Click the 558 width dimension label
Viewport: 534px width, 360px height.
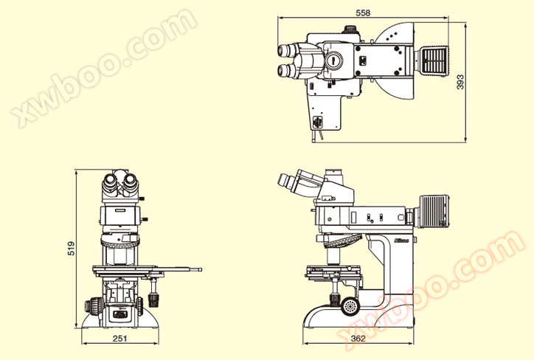(363, 13)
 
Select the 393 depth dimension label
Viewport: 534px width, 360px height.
(460, 82)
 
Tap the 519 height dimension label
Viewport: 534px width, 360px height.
(71, 249)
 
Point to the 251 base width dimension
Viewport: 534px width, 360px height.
(120, 338)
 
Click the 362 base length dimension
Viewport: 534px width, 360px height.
(358, 338)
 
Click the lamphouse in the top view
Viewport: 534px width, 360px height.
(431, 60)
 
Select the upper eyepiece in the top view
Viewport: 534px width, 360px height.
(286, 50)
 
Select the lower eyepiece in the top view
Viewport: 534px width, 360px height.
(286, 71)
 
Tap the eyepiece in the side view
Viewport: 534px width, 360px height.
(285, 181)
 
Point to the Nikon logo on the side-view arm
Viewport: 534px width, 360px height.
(401, 240)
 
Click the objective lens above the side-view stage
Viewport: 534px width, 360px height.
(333, 257)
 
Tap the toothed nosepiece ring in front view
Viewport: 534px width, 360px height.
(120, 243)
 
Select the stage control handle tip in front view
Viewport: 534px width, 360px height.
(200, 270)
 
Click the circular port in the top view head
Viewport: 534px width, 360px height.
(333, 60)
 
